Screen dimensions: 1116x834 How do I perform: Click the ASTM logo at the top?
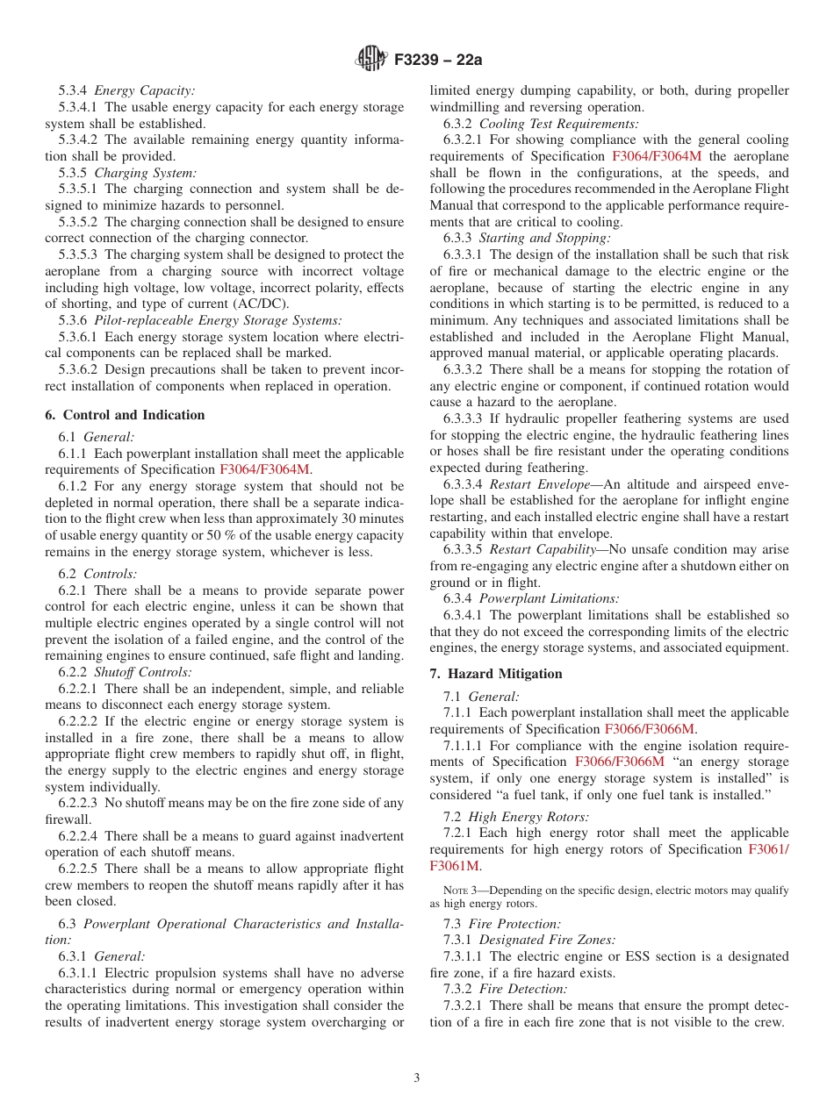click(371, 60)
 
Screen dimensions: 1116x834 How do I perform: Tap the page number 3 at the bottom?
click(417, 1078)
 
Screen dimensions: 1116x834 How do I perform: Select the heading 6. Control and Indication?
click(125, 415)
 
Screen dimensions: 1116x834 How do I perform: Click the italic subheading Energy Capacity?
click(145, 90)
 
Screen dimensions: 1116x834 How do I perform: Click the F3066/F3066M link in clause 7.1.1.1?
click(619, 762)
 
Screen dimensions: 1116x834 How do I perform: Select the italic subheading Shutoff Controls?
click(148, 673)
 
